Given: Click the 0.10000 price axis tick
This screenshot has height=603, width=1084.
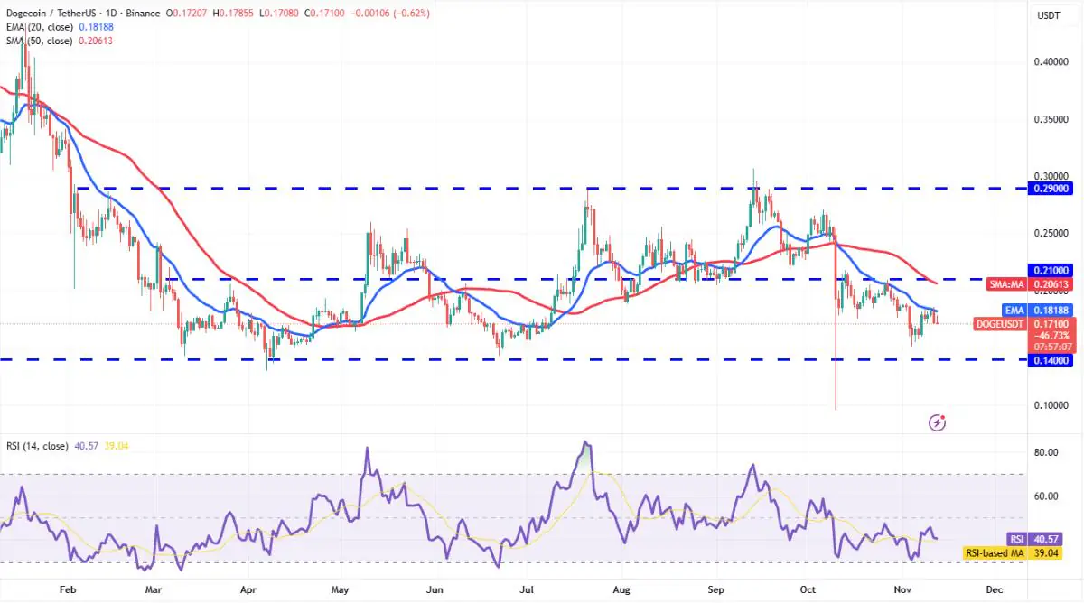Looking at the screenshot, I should pos(1050,405).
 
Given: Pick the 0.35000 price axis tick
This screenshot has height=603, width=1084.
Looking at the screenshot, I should pos(1050,119).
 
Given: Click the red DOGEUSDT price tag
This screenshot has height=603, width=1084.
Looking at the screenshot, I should pos(1000,323).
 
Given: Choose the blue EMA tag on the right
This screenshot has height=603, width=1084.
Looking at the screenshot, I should pos(1014,310).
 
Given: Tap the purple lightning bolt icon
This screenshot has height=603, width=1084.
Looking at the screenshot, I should pos(938,422).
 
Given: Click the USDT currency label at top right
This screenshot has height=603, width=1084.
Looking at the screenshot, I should pos(1049,15).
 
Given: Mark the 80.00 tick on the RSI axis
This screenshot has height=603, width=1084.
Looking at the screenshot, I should pos(1047,452).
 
